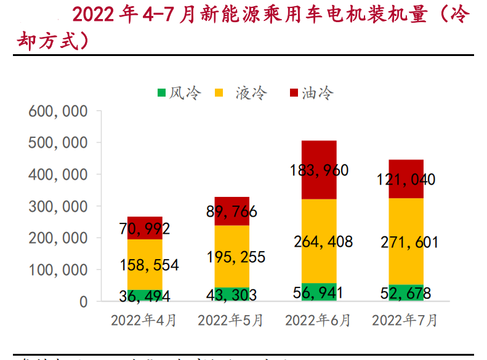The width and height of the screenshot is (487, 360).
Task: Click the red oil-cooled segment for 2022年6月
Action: (319, 154)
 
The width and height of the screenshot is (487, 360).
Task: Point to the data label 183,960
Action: (319, 170)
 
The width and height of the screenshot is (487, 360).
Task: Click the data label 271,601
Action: (406, 242)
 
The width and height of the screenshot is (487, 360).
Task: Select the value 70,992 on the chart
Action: (145, 229)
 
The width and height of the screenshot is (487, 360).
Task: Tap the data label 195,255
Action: (232, 257)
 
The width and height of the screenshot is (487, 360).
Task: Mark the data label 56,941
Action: (319, 292)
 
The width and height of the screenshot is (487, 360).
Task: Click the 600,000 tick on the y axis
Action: (57, 111)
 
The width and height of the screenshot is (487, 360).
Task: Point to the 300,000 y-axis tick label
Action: (57, 207)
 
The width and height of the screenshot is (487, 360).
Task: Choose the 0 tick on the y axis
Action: (83, 302)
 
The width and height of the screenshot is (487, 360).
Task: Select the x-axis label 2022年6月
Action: (318, 321)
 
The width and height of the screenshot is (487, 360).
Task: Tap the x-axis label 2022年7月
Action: (405, 321)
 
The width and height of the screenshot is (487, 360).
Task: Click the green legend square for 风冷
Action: (161, 93)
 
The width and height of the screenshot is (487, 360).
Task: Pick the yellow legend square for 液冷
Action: (219, 93)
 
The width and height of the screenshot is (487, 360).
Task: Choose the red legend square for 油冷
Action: (294, 93)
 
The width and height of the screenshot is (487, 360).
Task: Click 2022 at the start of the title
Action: (92, 15)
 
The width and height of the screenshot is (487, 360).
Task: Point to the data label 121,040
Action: (406, 180)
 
